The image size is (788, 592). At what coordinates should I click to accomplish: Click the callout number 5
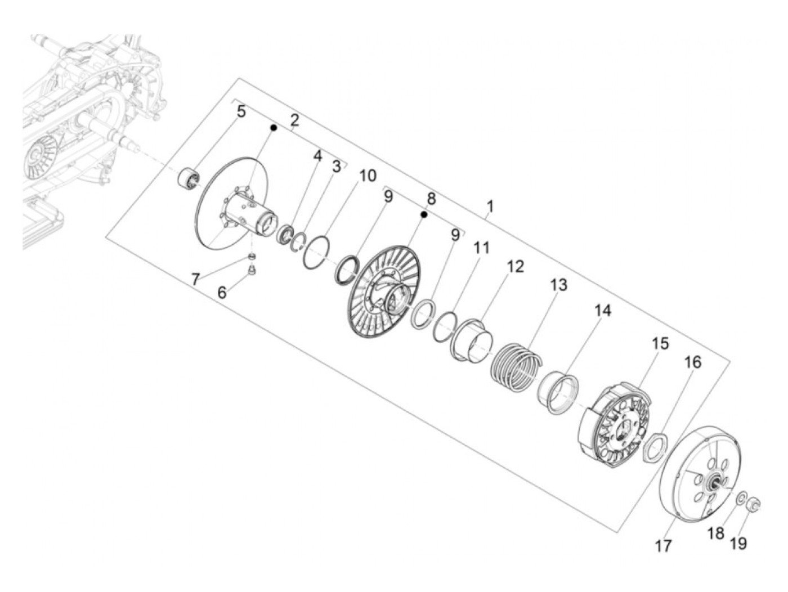[241, 111]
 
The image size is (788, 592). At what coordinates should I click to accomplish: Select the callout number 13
[559, 285]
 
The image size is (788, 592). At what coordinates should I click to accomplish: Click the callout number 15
[660, 343]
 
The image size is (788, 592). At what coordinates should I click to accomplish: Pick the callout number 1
[490, 207]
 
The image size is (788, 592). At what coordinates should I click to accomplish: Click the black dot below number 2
[274, 127]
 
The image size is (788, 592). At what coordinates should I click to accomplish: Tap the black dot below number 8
[424, 214]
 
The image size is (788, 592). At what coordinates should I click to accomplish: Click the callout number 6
[222, 293]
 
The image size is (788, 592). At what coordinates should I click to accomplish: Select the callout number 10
[368, 176]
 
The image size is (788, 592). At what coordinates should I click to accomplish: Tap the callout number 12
[515, 267]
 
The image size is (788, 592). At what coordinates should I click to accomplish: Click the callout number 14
[603, 311]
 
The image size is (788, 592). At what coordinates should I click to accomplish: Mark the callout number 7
[196, 279]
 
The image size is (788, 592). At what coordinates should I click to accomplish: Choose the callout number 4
[317, 156]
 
